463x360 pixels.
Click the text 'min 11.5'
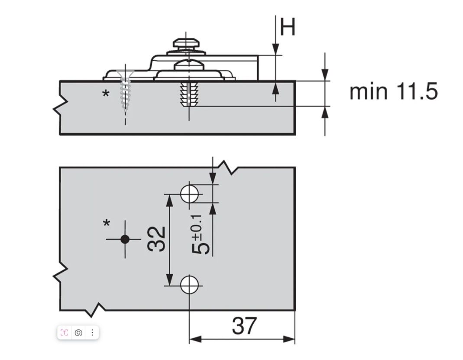[393, 91]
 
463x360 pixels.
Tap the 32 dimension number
[156, 239]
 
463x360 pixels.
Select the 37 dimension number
[244, 326]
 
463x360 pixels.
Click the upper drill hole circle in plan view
[189, 194]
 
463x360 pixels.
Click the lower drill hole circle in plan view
[189, 285]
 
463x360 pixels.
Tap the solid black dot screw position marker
[125, 239]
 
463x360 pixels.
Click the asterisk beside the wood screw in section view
[106, 94]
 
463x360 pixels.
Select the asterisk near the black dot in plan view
[107, 223]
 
